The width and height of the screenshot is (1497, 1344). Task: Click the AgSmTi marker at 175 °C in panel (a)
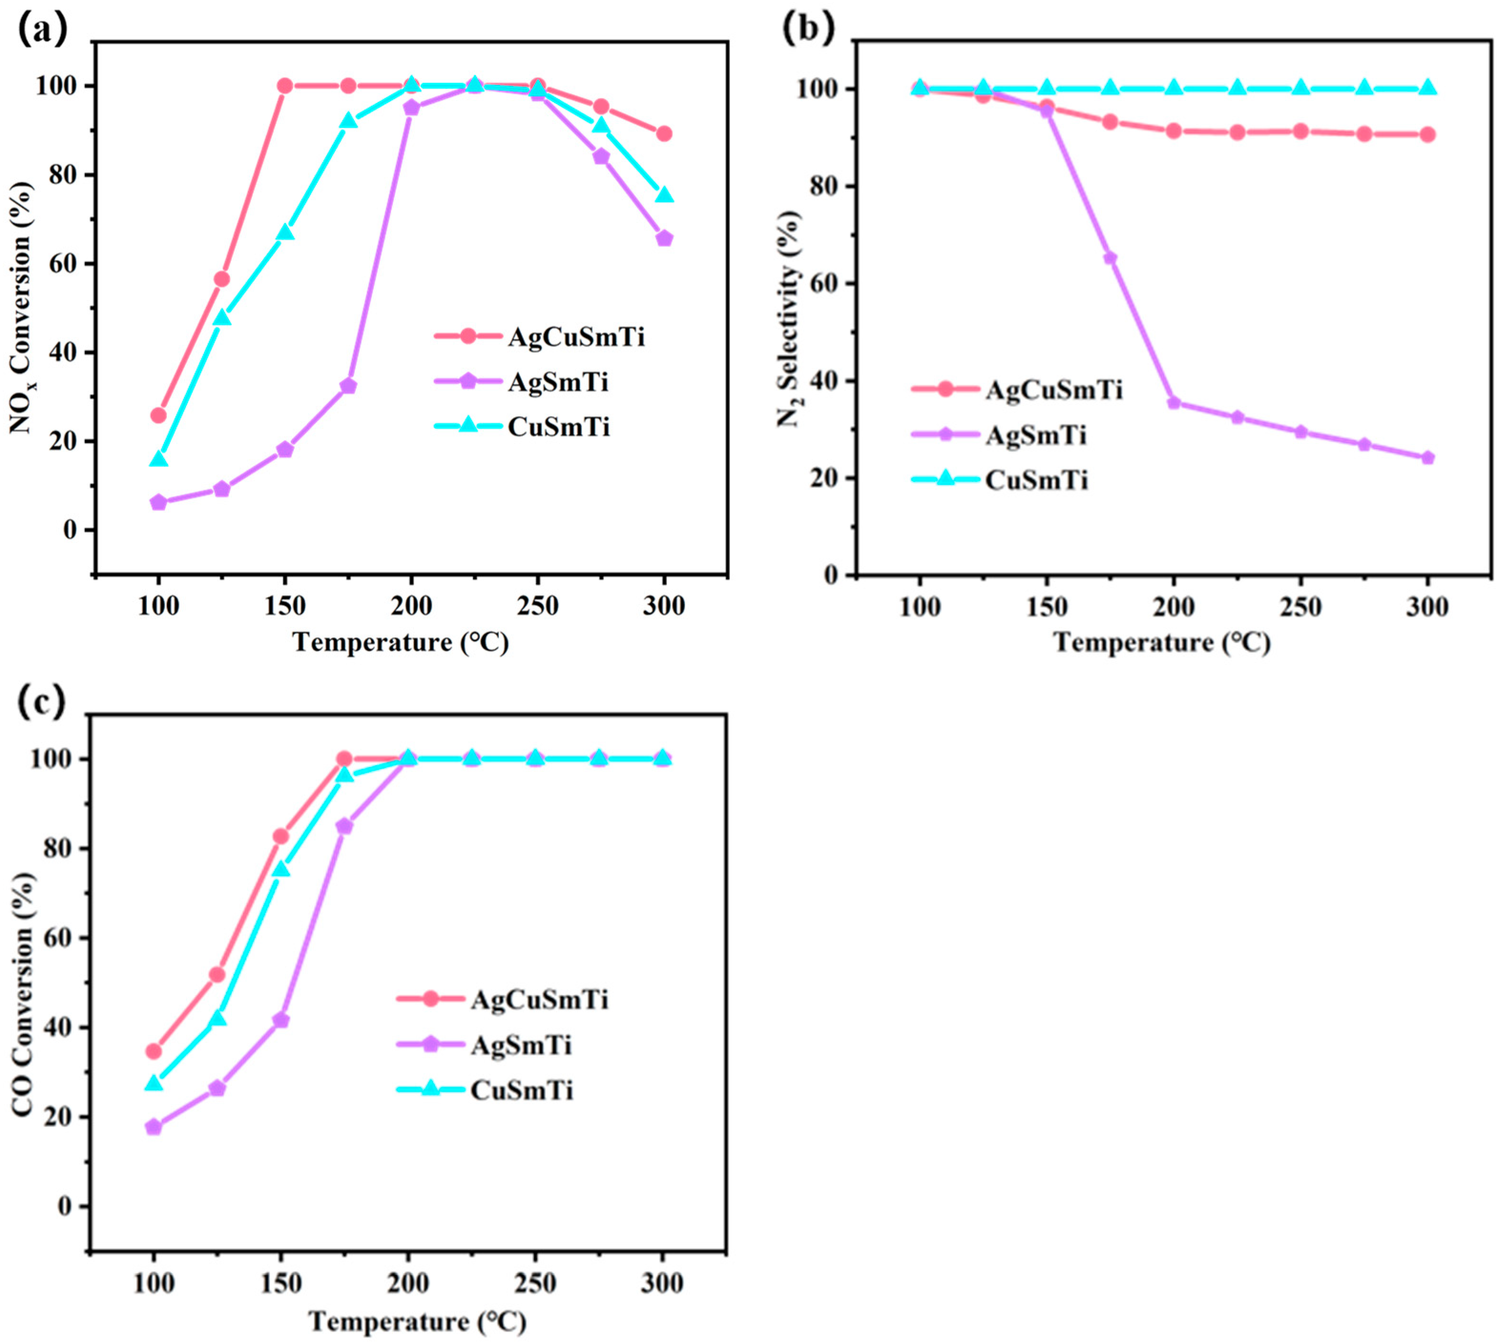click(x=348, y=386)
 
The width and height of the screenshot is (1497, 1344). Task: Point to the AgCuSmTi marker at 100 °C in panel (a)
click(x=158, y=415)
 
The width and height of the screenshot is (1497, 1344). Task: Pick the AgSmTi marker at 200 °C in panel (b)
click(x=1174, y=402)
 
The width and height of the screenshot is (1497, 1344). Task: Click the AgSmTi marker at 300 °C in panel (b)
click(x=1427, y=458)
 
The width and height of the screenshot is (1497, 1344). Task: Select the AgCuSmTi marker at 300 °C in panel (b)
click(x=1427, y=134)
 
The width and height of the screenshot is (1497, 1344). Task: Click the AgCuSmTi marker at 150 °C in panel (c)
click(x=280, y=836)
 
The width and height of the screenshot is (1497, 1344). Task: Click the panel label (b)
click(x=807, y=28)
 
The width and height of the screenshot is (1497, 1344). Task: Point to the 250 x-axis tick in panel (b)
click(x=1301, y=607)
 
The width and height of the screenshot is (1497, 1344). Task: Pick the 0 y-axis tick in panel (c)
click(x=64, y=1207)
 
